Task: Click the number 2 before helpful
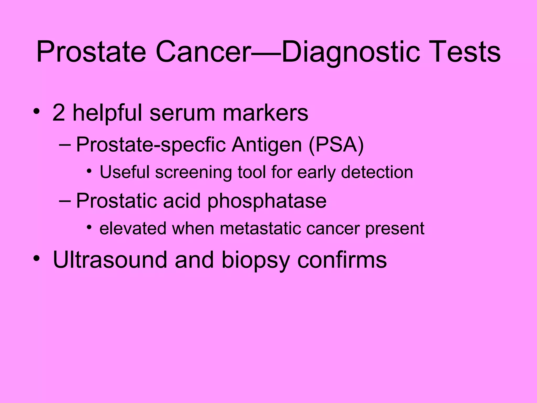(x=59, y=113)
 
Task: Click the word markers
(x=265, y=113)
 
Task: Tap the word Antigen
(x=267, y=145)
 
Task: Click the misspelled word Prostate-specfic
(x=151, y=145)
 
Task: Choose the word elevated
(x=133, y=228)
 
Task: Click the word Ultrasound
(x=110, y=260)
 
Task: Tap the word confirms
(x=342, y=260)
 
